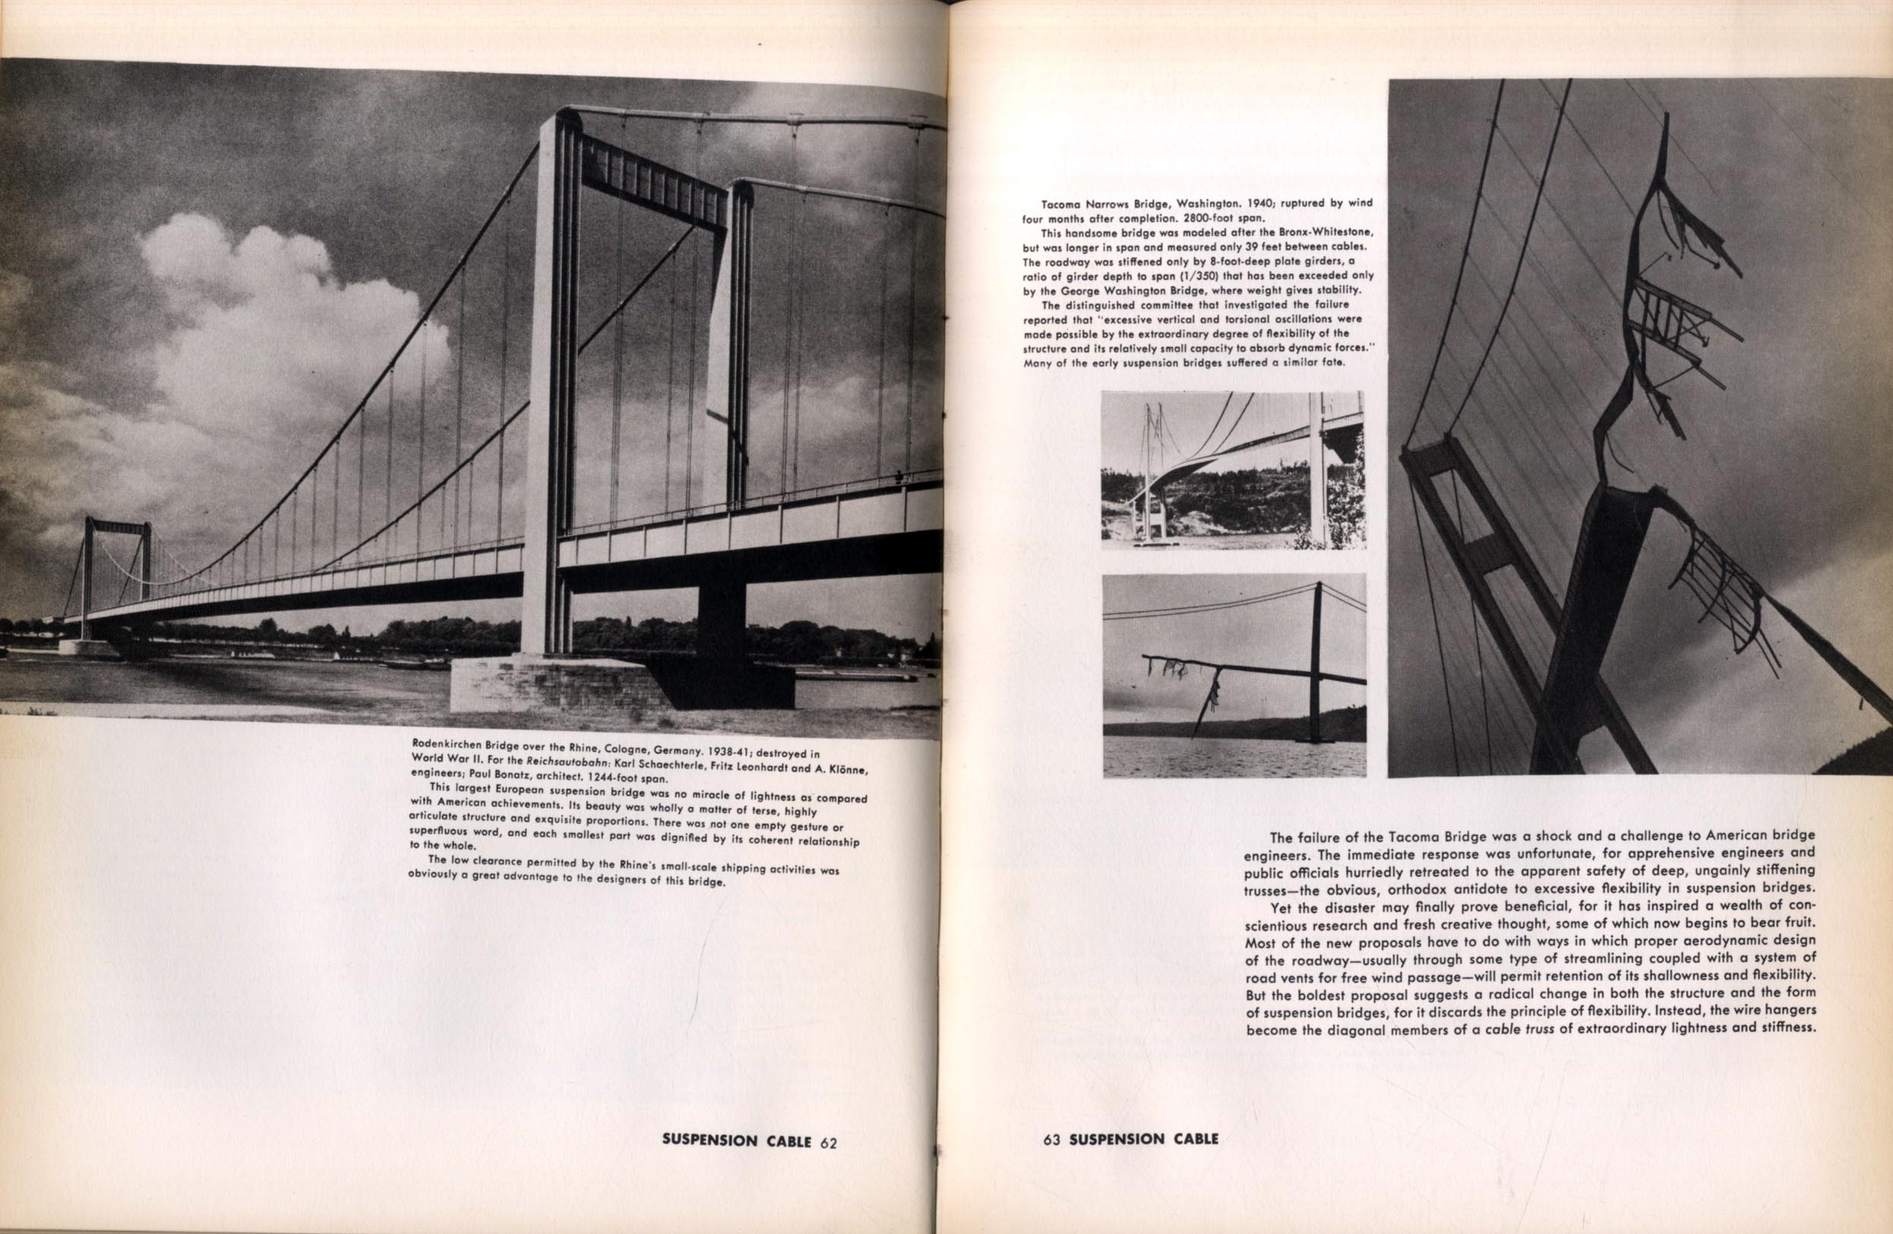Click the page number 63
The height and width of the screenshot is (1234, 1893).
pyautogui.click(x=1052, y=1138)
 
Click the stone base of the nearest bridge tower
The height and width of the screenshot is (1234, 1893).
pyautogui.click(x=557, y=683)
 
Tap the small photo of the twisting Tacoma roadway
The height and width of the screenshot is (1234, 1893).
pyautogui.click(x=1233, y=469)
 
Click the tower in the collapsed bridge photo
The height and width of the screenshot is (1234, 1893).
pyautogui.click(x=1316, y=660)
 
